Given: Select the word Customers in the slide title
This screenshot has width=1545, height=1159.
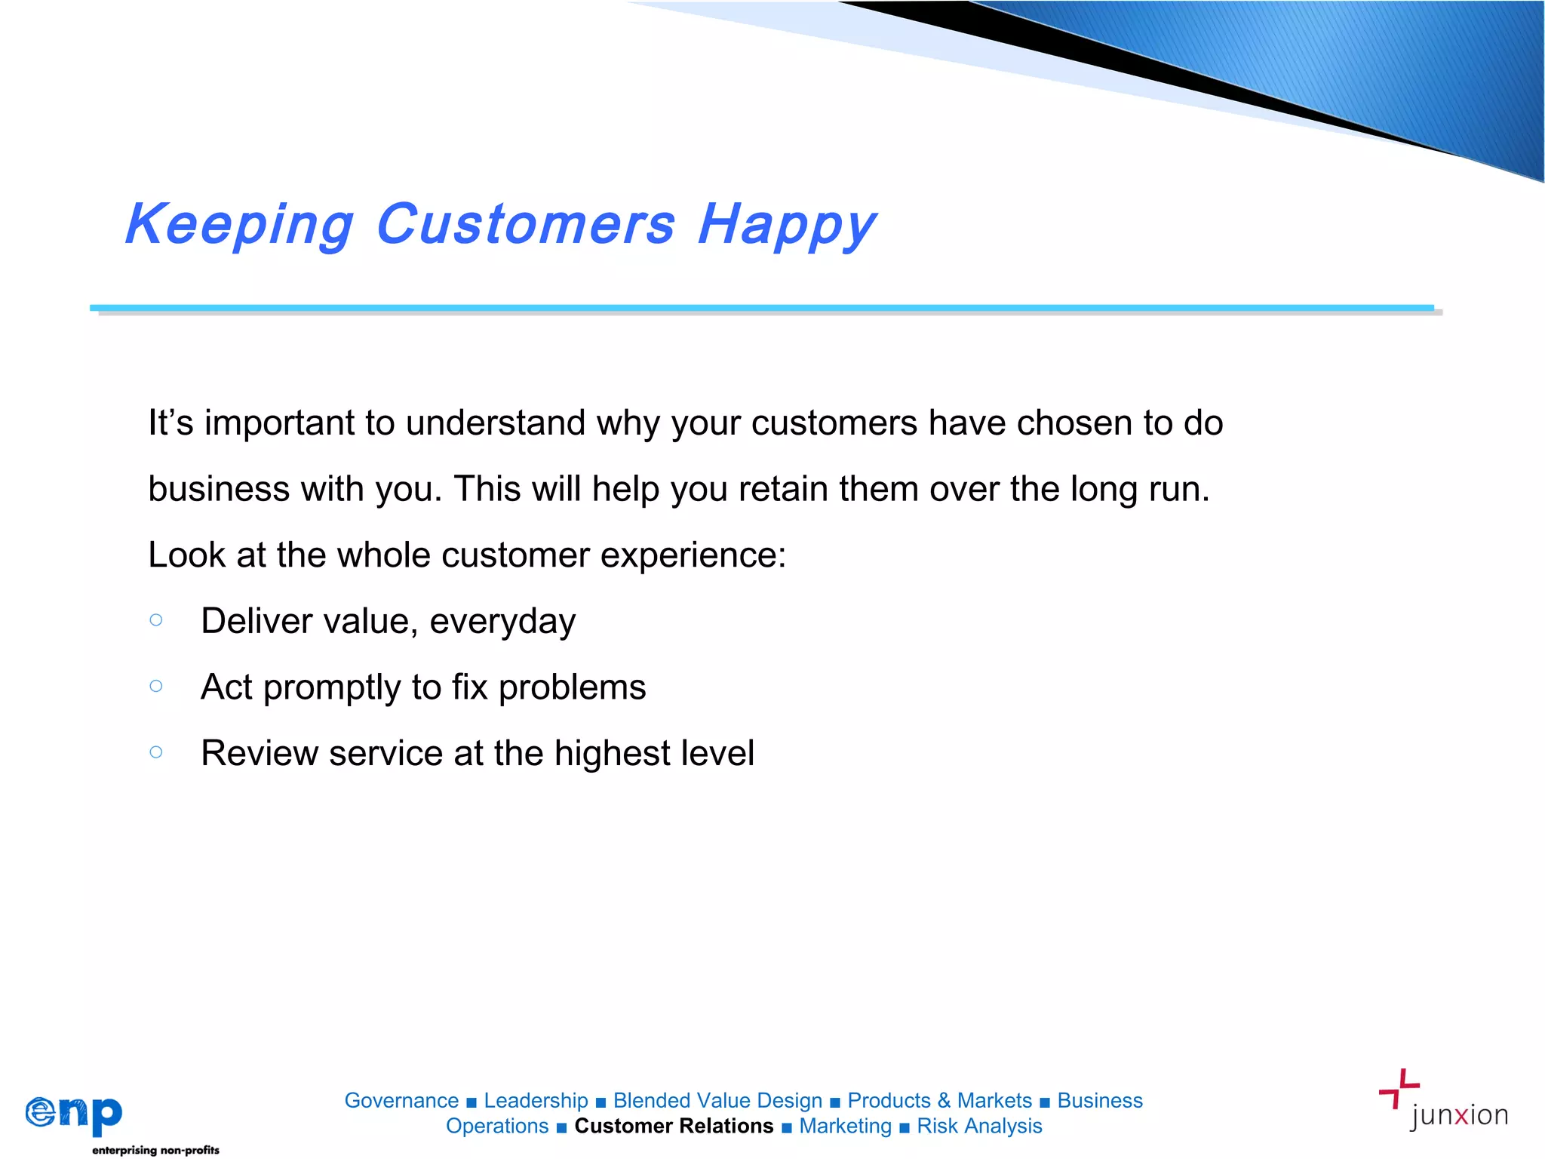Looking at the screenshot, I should point(525,225).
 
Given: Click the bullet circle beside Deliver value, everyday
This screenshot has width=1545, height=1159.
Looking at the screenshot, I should point(156,620).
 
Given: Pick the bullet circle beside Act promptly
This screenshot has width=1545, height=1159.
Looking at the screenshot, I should point(156,686).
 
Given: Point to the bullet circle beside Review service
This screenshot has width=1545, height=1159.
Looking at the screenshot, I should point(156,752).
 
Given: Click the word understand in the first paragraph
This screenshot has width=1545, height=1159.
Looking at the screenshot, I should point(495,423).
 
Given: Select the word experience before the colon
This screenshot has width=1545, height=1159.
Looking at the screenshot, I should point(687,555).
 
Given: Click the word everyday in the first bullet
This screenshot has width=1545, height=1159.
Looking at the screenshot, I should point(502,622).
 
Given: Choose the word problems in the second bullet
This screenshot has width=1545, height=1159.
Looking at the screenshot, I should point(572,687).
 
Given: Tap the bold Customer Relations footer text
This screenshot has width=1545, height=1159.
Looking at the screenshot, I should point(674,1126).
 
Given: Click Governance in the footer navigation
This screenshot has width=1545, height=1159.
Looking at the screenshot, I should point(401,1100).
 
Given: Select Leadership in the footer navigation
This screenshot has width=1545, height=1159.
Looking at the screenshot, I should point(536,1100).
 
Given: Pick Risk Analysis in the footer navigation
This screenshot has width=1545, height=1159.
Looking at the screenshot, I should point(979,1126).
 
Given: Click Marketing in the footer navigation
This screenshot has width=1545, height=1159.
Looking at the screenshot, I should point(845,1126).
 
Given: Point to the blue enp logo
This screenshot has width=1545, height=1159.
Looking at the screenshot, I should point(74,1114).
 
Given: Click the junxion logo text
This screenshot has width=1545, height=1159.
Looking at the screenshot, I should point(1458,1115).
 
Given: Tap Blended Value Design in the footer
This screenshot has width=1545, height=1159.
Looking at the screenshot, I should point(717,1100).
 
